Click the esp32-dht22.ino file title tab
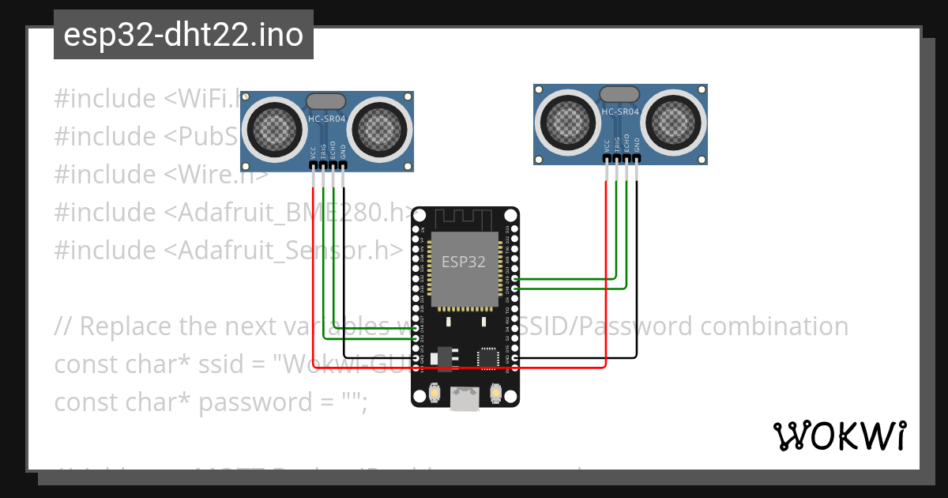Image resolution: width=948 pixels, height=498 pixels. pos(183,35)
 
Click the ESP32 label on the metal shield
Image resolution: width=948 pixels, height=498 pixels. pos(464,262)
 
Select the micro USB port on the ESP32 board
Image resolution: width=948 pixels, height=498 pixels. pos(465,398)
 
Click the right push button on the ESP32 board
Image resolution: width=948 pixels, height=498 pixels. pos(496,392)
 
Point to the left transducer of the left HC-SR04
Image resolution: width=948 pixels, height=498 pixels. pos(273,126)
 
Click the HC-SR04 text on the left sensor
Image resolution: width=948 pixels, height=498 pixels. pos(326,119)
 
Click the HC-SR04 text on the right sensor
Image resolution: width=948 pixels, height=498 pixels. pos(620,112)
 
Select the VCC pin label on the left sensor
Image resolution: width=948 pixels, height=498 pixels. pos(314,151)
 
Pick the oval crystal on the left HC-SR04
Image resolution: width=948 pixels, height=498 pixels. pos(325,101)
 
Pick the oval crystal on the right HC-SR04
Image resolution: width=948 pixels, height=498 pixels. pos(619,95)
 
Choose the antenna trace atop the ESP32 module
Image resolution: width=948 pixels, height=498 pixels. pos(465,218)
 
